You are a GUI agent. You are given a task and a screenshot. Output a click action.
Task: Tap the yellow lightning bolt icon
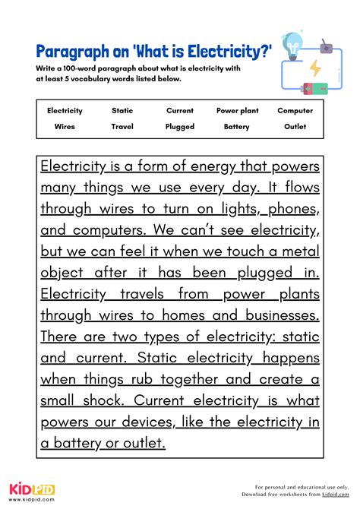tap(314, 68)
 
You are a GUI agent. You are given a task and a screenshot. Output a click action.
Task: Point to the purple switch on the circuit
tap(329, 48)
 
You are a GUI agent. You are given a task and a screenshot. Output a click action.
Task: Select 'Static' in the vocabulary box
tap(122, 111)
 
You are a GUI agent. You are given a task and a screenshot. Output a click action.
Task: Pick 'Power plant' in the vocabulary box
tap(237, 111)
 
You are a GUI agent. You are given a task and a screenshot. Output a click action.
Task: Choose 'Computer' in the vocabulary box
tap(295, 111)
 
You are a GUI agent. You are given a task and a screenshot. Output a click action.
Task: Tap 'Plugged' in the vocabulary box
tap(180, 127)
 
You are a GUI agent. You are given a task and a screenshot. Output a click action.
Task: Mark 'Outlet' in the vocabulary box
tap(295, 127)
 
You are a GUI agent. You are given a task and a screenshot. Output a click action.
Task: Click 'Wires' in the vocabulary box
tap(65, 127)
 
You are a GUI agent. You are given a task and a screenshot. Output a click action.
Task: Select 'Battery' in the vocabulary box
tap(237, 127)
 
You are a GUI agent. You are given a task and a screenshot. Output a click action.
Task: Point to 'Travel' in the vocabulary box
tap(122, 127)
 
